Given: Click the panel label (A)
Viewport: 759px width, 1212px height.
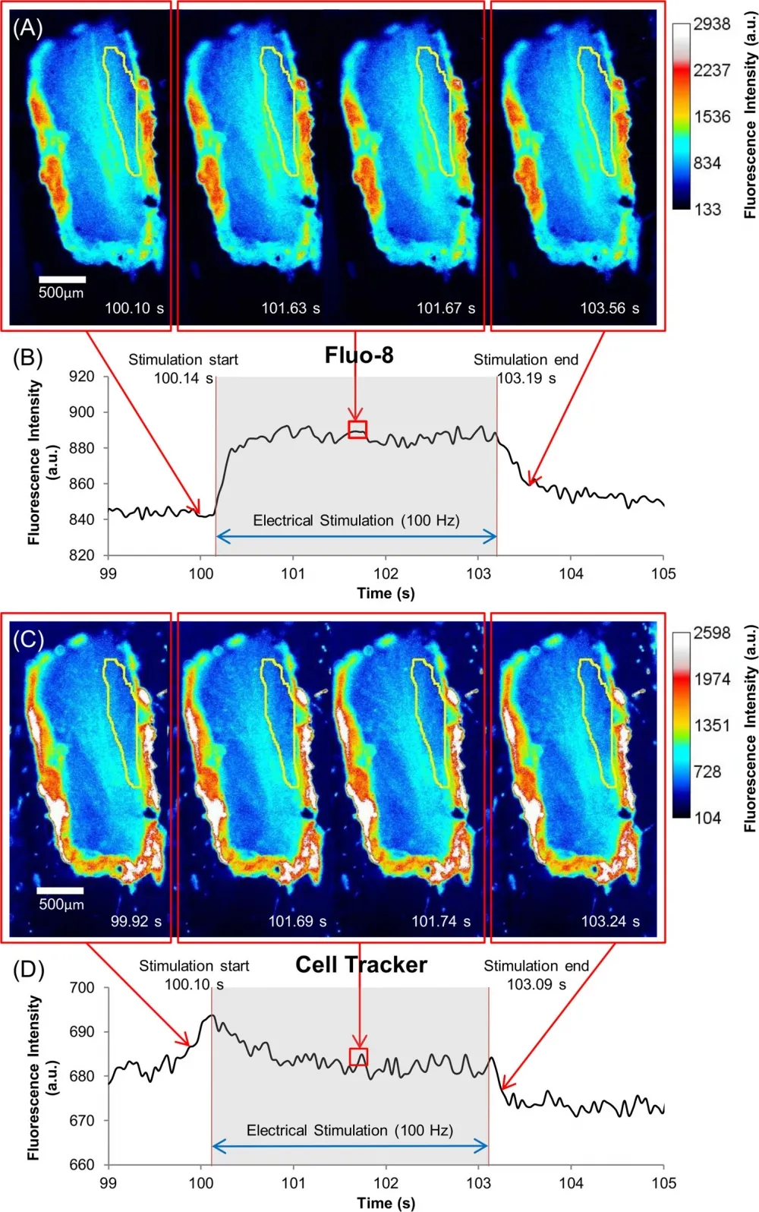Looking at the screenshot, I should (x=27, y=28).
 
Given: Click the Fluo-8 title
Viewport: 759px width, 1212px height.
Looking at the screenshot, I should (x=359, y=355).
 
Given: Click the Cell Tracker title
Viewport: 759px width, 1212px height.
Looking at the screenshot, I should (x=361, y=964).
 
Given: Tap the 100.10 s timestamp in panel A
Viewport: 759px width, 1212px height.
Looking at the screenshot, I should (x=134, y=308).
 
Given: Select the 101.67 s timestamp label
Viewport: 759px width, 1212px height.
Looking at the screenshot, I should (x=446, y=308).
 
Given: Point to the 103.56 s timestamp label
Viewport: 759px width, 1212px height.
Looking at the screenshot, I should (x=609, y=308).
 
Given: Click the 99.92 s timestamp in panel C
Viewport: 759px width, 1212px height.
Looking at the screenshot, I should (x=136, y=921).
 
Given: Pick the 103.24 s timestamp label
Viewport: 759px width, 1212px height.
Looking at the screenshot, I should (x=610, y=921).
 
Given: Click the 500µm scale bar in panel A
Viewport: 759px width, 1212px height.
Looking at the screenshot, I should (x=61, y=280).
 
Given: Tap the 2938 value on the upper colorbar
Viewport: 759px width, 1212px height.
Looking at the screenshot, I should (x=712, y=24).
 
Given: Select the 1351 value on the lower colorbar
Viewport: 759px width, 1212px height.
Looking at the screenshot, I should (x=712, y=725).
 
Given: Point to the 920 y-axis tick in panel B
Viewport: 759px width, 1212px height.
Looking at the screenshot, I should (x=82, y=376).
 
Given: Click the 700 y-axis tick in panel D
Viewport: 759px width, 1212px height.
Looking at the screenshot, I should (x=82, y=988).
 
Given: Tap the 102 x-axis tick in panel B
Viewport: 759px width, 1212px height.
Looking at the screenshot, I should (x=386, y=574).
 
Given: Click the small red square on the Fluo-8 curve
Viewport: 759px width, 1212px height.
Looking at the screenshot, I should (x=357, y=430).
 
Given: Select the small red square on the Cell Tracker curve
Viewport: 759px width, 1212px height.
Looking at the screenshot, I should (x=358, y=1057).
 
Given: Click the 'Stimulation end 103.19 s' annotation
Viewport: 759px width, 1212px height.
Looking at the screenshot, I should (x=526, y=368).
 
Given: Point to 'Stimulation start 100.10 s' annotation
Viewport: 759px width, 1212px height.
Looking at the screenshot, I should (x=194, y=975).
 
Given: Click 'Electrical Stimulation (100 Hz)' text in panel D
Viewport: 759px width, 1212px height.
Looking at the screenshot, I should (x=349, y=1130).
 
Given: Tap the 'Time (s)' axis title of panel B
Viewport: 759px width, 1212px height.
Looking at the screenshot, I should (x=386, y=593).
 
